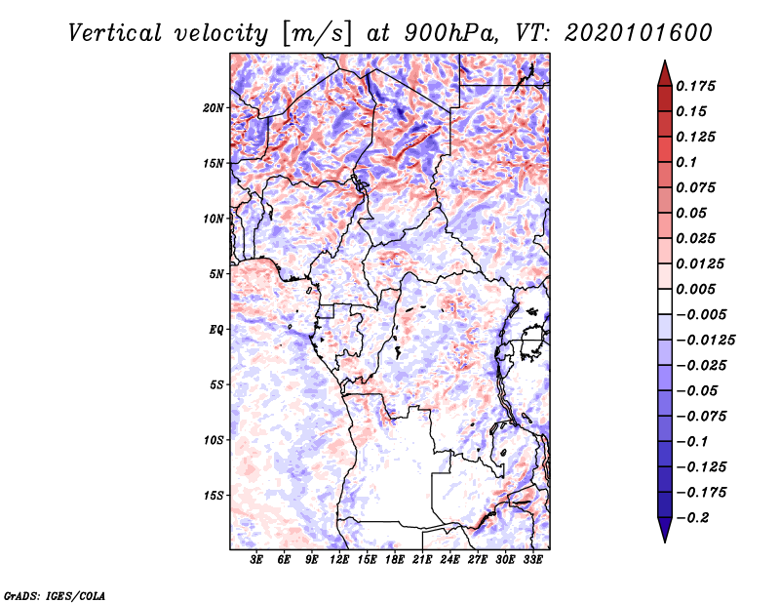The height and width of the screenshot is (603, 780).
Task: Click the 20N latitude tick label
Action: [x=214, y=108]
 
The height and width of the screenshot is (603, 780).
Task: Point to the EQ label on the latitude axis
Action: [x=216, y=330]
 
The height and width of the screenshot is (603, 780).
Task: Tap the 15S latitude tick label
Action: [x=214, y=496]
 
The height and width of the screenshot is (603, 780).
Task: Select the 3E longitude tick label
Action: [x=256, y=560]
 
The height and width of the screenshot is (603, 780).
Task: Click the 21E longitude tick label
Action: [x=422, y=560]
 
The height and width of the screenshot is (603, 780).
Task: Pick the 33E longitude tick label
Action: [x=532, y=560]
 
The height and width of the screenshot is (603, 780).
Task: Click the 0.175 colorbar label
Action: [x=695, y=86]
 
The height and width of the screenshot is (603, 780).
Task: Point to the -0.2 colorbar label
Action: [x=692, y=518]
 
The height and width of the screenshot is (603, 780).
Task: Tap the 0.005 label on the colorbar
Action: [x=695, y=289]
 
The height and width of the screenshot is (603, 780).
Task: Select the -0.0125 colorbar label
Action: [x=705, y=341]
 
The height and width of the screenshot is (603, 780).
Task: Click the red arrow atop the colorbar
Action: [x=665, y=73]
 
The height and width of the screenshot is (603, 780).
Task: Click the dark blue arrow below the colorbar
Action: [x=665, y=530]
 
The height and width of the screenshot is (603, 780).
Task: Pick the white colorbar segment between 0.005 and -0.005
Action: [x=665, y=301]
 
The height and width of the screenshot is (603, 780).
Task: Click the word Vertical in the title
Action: [x=115, y=33]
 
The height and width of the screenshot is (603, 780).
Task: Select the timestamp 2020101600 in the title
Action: [x=639, y=33]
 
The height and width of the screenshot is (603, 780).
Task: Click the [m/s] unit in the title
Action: [x=317, y=33]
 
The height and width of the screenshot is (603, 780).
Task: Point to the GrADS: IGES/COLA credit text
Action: [x=55, y=595]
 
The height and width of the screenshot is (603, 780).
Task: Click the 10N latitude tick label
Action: [x=214, y=219]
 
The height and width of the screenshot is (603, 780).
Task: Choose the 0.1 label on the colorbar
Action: [x=686, y=162]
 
